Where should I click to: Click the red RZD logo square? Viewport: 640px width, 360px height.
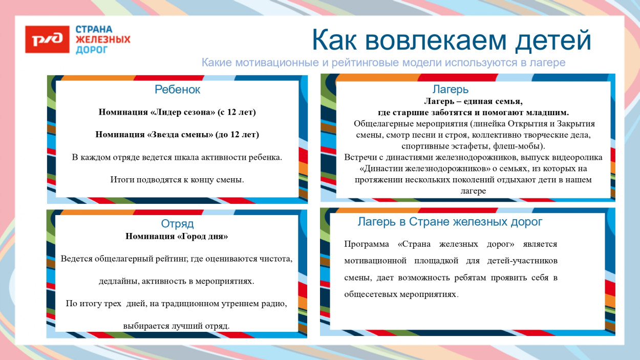click(x=47, y=39)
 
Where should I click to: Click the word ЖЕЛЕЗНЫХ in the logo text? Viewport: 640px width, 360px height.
click(x=103, y=39)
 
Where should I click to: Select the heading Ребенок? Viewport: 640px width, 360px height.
click(x=177, y=90)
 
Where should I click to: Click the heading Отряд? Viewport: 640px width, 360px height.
click(x=177, y=224)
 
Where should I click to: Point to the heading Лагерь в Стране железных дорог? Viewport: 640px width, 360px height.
click(x=450, y=222)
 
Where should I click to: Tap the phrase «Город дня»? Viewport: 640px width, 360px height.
click(x=202, y=237)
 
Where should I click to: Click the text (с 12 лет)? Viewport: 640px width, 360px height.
click(x=237, y=112)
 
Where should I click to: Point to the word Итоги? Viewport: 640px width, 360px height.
click(x=121, y=180)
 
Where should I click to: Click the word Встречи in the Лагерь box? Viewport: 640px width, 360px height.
click(x=361, y=157)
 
